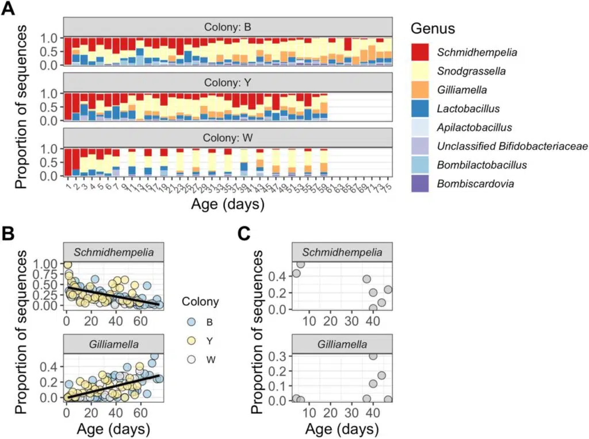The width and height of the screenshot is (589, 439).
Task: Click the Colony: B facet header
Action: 227,27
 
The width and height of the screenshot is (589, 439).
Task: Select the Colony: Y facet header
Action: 227,83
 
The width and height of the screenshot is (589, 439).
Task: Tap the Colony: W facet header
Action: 227,138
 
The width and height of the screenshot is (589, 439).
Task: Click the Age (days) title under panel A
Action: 227,205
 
